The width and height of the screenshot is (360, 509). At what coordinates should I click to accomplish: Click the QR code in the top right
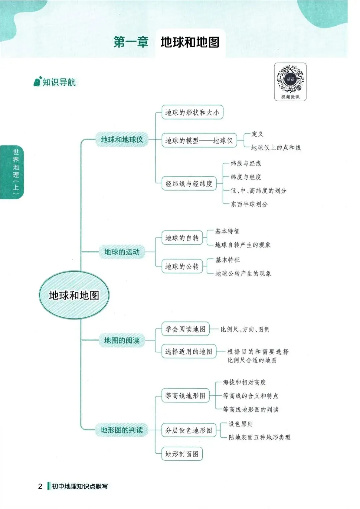point(290,79)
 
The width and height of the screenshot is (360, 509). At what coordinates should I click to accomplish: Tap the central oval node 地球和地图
point(74,295)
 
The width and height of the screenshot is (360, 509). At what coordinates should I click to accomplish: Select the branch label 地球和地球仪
point(122,140)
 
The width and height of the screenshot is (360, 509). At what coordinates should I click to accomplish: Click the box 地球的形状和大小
point(192,112)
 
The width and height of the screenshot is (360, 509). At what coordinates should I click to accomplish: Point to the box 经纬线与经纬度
point(189,184)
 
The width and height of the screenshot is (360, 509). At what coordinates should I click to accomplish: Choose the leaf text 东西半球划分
point(249,204)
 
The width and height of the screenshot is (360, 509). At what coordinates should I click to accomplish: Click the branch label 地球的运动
point(122,252)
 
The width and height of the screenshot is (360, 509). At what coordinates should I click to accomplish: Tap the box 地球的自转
point(182,238)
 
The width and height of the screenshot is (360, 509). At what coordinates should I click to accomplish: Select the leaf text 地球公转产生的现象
point(243,273)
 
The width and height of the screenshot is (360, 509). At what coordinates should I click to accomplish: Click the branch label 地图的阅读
point(122,340)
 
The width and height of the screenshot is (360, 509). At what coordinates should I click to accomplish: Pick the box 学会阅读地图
point(185,329)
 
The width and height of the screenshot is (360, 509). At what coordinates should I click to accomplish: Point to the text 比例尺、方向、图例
point(245,329)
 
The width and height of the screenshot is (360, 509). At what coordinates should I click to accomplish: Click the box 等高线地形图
point(185,396)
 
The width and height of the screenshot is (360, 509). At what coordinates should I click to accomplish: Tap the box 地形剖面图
point(182,454)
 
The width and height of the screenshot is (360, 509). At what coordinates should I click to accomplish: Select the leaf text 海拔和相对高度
point(244,382)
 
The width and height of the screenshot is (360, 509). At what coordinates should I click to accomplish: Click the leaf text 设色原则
point(240,424)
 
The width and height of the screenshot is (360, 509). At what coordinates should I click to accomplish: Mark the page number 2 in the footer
point(40,486)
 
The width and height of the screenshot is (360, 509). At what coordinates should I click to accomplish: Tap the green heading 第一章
point(131,42)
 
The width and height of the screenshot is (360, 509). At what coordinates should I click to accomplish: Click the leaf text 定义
point(257,134)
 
